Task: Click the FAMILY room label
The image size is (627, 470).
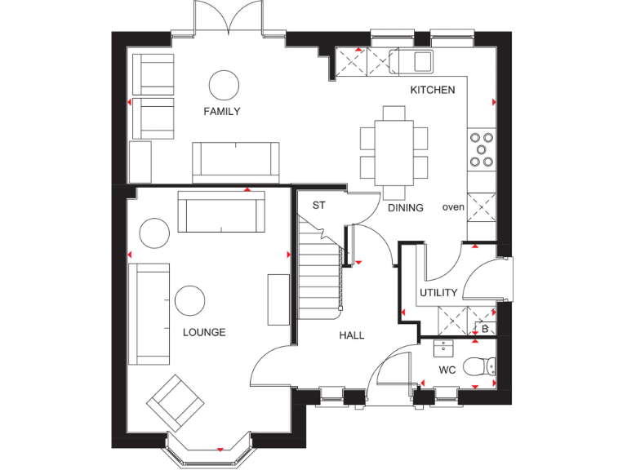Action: click(222, 112)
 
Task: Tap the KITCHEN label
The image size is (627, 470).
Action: click(432, 90)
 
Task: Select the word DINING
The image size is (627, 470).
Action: click(405, 208)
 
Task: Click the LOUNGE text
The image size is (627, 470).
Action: click(204, 332)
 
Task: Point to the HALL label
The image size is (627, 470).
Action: click(352, 335)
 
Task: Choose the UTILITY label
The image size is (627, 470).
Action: click(438, 293)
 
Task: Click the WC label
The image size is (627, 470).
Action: click(447, 370)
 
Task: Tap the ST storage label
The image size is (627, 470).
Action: click(318, 206)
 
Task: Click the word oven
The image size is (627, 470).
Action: click(453, 207)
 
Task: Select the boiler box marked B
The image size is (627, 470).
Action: click(485, 329)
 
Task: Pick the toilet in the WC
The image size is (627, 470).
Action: click(479, 367)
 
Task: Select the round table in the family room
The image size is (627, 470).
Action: click(223, 84)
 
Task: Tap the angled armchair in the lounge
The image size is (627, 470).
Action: click(175, 401)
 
